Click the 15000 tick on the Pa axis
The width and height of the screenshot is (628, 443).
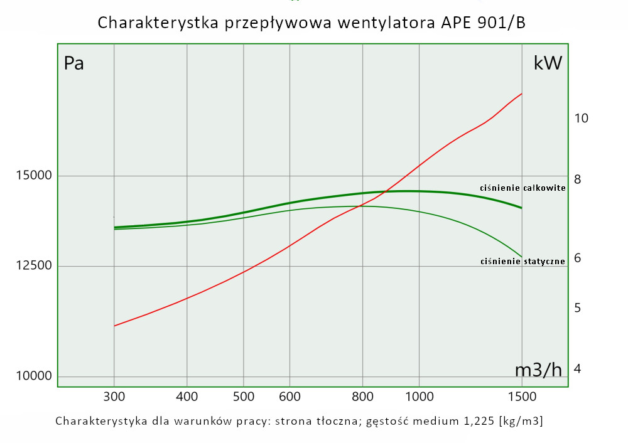pos(33,176)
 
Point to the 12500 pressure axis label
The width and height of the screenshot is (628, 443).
pos(33,266)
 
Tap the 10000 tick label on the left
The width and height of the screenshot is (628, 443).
pos(33,376)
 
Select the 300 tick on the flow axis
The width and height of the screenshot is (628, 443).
pos(114,397)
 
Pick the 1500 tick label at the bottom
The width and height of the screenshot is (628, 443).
pos(521,397)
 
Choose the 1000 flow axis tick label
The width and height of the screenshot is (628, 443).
pos(419,397)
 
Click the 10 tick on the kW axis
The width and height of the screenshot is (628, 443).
pos(581,118)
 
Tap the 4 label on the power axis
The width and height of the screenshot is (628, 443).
pos(578,368)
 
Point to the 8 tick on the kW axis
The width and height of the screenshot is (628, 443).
pos(578,179)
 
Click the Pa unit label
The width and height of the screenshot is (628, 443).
pos(74,64)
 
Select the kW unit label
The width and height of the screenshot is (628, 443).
pos(548,63)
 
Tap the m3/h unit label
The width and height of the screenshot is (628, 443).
pos(538,370)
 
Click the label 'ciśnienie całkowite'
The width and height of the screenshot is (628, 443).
pos(522,188)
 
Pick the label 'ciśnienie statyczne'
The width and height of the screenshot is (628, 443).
pos(522,261)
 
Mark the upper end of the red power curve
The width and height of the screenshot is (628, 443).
pos(522,93)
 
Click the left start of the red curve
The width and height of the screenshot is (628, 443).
pos(114,326)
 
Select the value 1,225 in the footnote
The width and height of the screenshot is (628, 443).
pos(470,420)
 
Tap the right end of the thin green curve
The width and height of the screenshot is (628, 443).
pos(522,257)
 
